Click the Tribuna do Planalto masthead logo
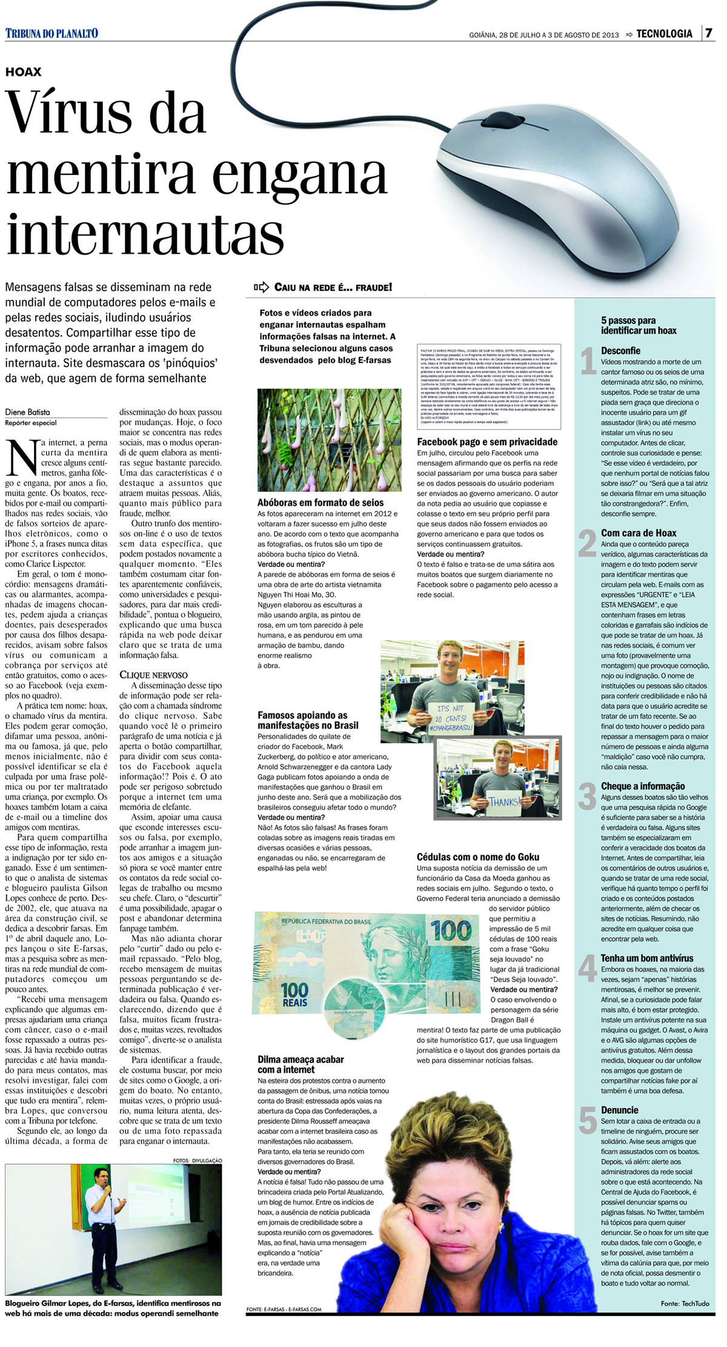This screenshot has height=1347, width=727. [x=51, y=33]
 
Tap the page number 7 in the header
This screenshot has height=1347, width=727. [x=708, y=33]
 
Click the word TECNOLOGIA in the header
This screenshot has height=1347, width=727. [x=664, y=34]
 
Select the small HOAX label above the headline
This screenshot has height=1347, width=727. [x=24, y=72]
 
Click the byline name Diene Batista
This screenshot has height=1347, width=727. [x=28, y=412]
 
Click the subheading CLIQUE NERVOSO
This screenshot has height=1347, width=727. [x=153, y=675]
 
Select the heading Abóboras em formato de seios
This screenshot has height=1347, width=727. [x=320, y=503]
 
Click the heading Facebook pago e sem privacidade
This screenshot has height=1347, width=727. [x=487, y=442]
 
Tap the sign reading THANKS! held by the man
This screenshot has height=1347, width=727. [x=504, y=802]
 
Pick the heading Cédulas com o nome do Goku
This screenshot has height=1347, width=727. [x=477, y=857]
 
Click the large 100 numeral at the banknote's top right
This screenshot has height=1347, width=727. [x=451, y=930]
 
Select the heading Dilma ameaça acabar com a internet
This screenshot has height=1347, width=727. [x=300, y=1064]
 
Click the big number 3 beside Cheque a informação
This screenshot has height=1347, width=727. [x=586, y=796]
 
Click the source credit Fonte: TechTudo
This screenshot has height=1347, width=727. [x=685, y=1303]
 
